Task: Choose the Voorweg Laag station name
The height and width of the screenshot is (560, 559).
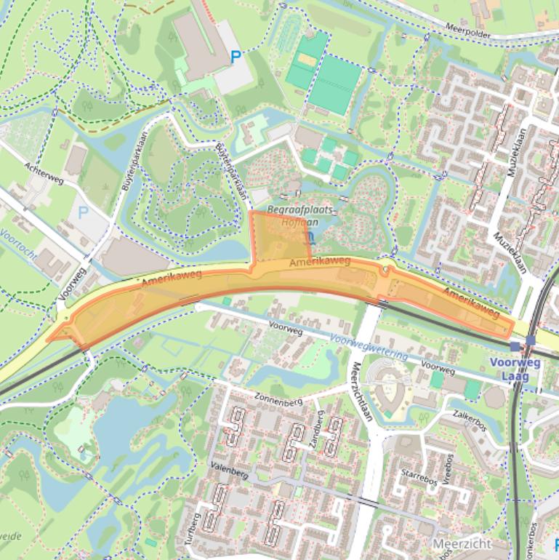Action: click(x=515, y=369)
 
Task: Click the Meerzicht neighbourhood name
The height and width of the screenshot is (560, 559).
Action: click(x=462, y=543)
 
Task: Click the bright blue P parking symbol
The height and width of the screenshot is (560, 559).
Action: click(x=236, y=56)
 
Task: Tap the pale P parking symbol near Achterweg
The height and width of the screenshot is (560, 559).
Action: click(x=84, y=213)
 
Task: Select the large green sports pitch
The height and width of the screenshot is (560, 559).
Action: click(x=334, y=84)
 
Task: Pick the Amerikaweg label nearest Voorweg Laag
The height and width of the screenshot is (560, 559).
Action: click(x=470, y=303)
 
